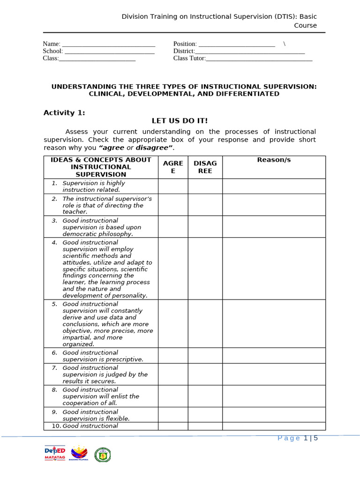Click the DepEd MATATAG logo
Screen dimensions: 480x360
coord(55,454)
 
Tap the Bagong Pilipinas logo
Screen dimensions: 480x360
coord(79,454)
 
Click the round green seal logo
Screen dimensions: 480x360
coord(103,454)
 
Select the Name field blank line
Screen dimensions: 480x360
coord(108,44)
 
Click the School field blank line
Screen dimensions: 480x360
coord(109,51)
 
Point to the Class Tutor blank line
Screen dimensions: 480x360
coord(259,59)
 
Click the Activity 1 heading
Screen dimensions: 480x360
coord(64,112)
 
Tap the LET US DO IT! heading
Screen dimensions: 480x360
coord(180,121)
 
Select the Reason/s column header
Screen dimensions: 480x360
coord(274,160)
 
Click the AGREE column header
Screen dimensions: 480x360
coord(172,167)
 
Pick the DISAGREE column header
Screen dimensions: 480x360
coord(205,167)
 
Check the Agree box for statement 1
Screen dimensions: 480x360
coord(172,186)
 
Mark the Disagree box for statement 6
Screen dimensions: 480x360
coord(205,355)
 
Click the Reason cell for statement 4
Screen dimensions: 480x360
coord(274,268)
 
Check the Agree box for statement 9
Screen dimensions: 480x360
coord(172,414)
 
